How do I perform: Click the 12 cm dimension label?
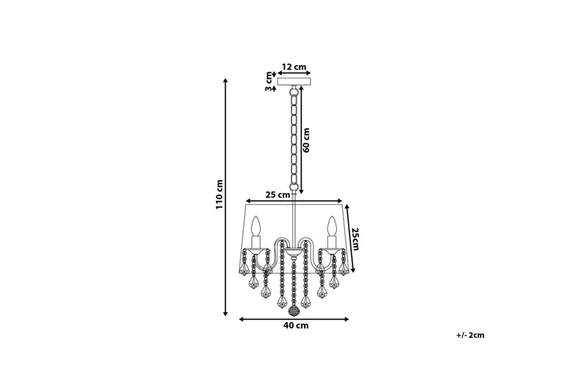[293, 67]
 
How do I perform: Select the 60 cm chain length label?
[307, 139]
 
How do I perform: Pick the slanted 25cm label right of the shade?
[355, 239]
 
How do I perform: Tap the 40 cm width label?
[294, 326]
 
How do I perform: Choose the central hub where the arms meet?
[294, 253]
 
